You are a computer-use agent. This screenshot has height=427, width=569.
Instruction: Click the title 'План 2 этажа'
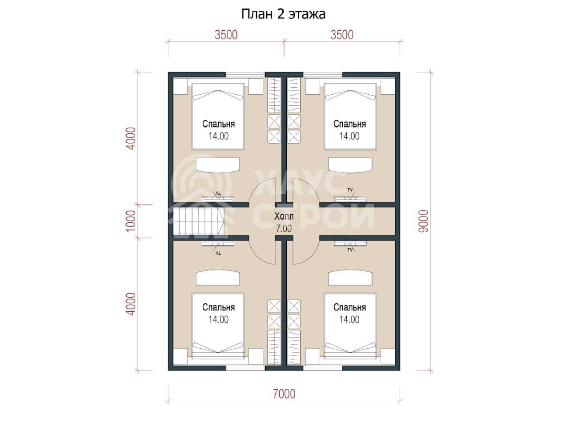(x=283, y=14)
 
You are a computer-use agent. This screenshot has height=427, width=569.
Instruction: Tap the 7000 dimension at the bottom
(x=284, y=394)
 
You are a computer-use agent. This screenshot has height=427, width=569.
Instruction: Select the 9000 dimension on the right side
(x=423, y=221)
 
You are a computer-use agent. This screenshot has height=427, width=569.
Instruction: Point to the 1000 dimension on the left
(x=131, y=221)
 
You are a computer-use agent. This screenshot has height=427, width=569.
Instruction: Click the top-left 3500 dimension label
(x=226, y=35)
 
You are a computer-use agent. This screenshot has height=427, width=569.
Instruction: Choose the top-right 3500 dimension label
(x=342, y=35)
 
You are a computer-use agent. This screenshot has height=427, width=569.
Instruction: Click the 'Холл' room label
(x=284, y=216)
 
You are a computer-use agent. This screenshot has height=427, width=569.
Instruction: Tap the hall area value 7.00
(x=284, y=229)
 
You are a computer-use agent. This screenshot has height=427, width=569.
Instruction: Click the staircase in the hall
(x=199, y=221)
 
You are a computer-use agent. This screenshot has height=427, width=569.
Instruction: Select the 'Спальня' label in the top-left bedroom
(x=219, y=124)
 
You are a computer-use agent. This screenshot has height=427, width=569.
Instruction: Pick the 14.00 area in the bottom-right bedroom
(x=349, y=319)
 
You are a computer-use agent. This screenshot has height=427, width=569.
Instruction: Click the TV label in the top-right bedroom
(x=350, y=190)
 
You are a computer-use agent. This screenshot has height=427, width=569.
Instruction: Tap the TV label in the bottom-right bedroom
(x=350, y=250)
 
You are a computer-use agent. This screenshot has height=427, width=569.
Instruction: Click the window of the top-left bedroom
(x=245, y=75)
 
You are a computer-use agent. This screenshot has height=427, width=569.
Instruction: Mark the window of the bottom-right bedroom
(x=323, y=368)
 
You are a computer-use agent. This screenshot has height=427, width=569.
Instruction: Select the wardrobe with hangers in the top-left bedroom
(x=274, y=95)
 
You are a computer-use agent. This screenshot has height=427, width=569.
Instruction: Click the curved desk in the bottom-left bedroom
(x=218, y=278)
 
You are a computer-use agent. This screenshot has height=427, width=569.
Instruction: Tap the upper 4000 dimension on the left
(x=131, y=138)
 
